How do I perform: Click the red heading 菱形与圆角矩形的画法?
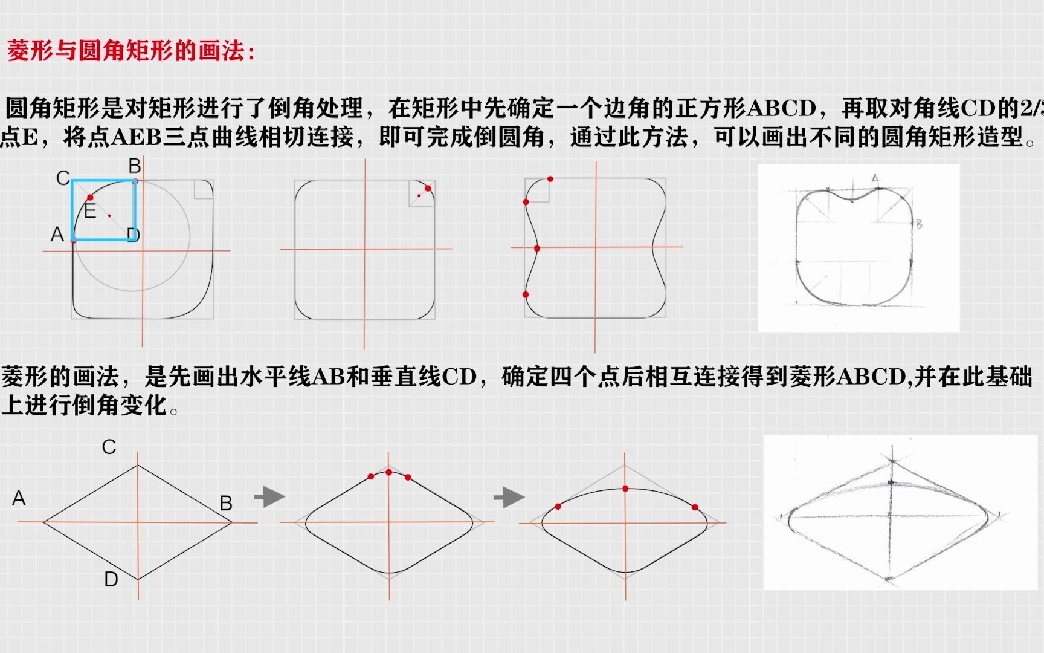[130, 51]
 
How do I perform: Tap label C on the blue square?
[62, 178]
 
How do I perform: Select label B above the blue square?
[134, 166]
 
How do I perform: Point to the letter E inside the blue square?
[90, 212]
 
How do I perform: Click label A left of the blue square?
[57, 234]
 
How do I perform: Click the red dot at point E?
[90, 198]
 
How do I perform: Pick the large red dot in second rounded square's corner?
[428, 189]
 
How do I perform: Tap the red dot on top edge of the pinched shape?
[550, 179]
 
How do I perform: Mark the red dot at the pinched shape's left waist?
[537, 249]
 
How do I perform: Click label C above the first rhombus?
[109, 447]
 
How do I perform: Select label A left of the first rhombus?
[19, 498]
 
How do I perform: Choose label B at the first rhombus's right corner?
[226, 503]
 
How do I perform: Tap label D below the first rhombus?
[111, 579]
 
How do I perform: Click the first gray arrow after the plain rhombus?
[269, 497]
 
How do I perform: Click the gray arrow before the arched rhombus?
[509, 498]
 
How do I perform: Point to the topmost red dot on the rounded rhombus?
[388, 472]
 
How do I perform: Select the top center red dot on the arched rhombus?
[625, 488]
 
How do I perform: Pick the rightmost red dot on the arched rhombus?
[695, 507]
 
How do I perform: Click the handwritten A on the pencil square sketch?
[875, 178]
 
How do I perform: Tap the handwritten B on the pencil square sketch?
[919, 224]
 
